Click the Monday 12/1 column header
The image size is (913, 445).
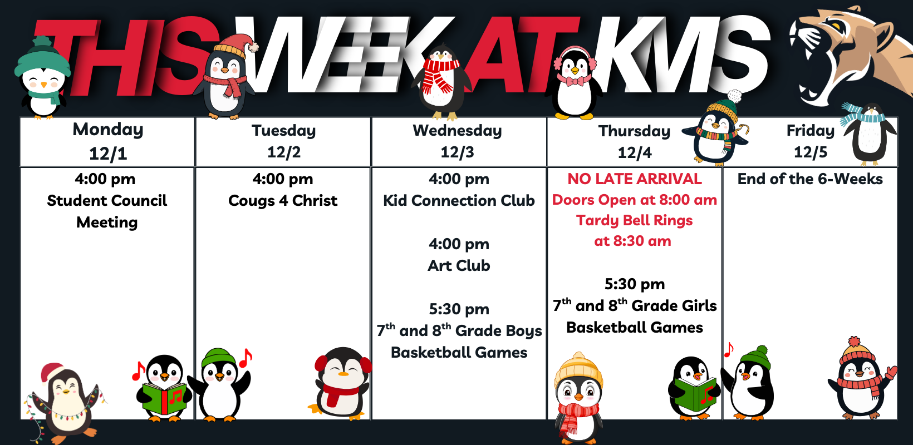[x=107, y=141]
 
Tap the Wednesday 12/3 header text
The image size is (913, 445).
[x=457, y=141]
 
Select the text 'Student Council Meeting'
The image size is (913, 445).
[x=107, y=211]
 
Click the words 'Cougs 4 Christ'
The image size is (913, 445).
[x=283, y=201]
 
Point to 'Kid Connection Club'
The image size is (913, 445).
[x=459, y=200]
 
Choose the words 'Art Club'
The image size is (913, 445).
[x=459, y=265]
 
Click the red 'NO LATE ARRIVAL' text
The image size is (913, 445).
[x=635, y=179]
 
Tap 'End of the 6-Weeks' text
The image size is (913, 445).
[x=811, y=179]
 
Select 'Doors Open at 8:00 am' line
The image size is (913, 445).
[x=635, y=200]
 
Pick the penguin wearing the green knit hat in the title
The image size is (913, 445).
[x=42, y=77]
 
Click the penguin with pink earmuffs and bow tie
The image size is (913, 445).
[x=575, y=83]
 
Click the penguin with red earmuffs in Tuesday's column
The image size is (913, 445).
[x=342, y=383]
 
